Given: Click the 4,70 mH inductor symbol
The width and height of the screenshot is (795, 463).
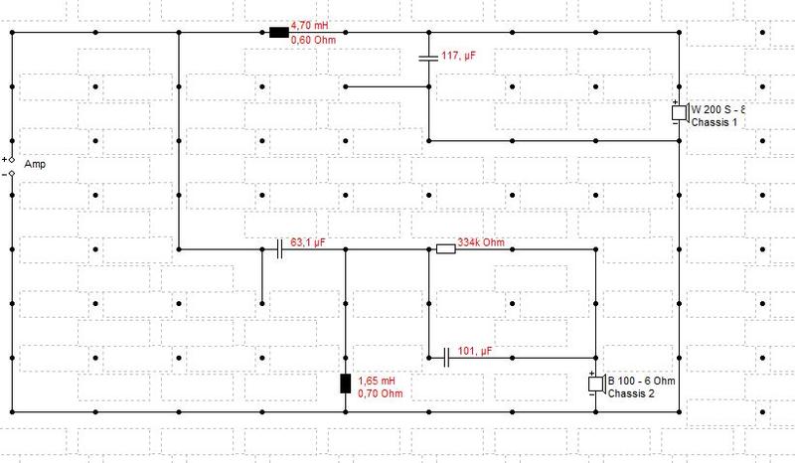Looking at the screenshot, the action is (279, 33).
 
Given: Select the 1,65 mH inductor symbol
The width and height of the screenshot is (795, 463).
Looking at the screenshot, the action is (345, 384).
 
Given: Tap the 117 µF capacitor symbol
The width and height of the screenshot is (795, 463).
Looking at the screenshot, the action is (428, 58).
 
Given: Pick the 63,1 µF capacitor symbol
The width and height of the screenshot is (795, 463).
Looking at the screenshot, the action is (279, 249).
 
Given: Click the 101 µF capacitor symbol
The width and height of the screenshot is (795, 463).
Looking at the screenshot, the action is (446, 358).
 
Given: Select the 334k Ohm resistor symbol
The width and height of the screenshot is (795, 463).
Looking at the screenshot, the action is (445, 249).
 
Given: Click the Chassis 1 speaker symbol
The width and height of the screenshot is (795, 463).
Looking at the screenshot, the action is (680, 113).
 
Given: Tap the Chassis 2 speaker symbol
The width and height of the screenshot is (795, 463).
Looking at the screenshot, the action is (596, 384).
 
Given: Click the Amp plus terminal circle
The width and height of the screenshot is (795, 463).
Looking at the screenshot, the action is (12, 160).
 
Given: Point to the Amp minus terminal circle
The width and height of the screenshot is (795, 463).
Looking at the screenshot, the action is (12, 174).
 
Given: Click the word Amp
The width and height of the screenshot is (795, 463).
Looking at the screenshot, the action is (35, 164).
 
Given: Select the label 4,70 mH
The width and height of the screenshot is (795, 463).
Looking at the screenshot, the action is (309, 26).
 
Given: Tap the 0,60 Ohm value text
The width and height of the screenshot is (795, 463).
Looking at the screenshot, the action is (313, 39).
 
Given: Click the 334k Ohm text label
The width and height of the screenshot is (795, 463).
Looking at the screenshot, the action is (481, 242).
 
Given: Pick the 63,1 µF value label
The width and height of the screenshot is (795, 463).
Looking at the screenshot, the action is (308, 242).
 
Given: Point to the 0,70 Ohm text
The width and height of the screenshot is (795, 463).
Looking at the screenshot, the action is (381, 393).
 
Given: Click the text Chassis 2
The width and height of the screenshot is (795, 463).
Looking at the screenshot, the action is (631, 393).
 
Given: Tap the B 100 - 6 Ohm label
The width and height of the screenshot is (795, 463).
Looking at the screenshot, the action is (641, 381).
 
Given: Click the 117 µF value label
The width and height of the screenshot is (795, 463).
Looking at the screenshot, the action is (459, 56).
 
